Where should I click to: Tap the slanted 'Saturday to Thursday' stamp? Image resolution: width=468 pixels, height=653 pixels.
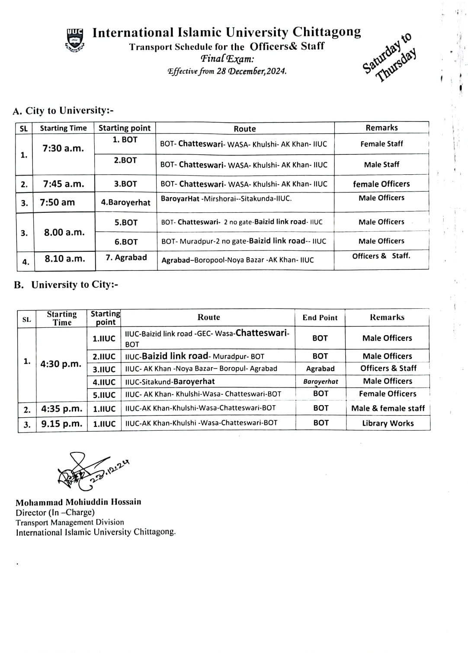[389, 58]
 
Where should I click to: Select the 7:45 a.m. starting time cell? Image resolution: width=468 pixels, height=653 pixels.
[63, 184]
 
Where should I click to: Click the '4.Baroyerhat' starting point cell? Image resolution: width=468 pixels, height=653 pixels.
[125, 202]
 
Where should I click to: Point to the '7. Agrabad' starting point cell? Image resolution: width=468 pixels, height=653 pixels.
[126, 258]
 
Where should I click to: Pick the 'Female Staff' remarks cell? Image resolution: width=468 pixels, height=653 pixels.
[381, 144]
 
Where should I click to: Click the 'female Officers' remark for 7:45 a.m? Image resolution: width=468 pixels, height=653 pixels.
[381, 184]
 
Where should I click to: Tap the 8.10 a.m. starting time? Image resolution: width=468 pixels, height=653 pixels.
[65, 259]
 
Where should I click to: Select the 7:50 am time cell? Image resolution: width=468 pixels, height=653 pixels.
[57, 202]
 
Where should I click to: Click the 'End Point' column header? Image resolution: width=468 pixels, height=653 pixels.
[320, 317]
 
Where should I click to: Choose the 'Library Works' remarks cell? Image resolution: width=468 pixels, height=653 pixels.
[388, 423]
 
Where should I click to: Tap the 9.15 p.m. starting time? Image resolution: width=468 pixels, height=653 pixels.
[61, 424]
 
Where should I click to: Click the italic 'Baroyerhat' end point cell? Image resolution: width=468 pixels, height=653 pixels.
[321, 382]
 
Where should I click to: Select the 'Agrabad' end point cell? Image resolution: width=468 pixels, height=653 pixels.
[320, 369]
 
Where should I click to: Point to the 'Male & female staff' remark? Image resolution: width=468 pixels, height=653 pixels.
[388, 408]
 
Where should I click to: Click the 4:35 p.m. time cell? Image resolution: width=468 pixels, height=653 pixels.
[61, 409]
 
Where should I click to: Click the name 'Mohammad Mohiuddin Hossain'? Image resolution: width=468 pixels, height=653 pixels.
[78, 502]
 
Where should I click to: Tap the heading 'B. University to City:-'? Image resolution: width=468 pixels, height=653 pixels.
[66, 285]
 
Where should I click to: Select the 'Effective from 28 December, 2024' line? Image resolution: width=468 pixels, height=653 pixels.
[227, 71]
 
